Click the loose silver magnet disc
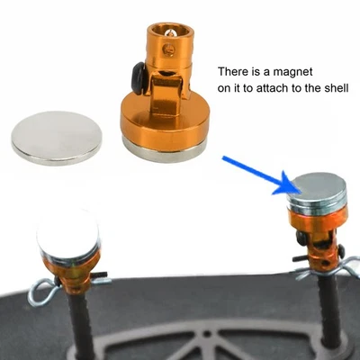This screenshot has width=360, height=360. click(x=56, y=137)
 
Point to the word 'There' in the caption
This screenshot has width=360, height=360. click(x=235, y=71)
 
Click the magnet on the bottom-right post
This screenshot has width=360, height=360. click(x=318, y=193)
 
